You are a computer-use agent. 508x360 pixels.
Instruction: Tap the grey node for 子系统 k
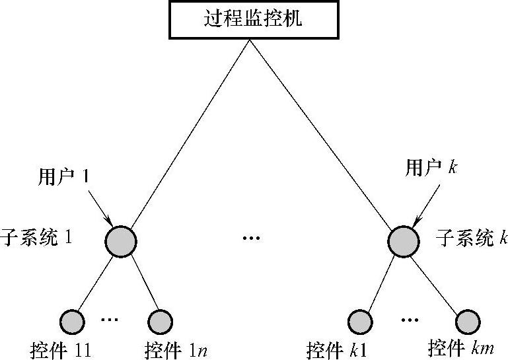pos(403,240)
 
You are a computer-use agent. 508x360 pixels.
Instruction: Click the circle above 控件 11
pos(72,322)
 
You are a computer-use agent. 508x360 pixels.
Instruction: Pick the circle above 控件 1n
pos(161,322)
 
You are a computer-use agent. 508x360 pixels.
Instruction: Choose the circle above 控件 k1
pos(360,322)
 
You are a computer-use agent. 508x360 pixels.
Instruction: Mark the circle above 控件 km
pos(467,322)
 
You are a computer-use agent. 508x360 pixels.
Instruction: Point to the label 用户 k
pos(431,168)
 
